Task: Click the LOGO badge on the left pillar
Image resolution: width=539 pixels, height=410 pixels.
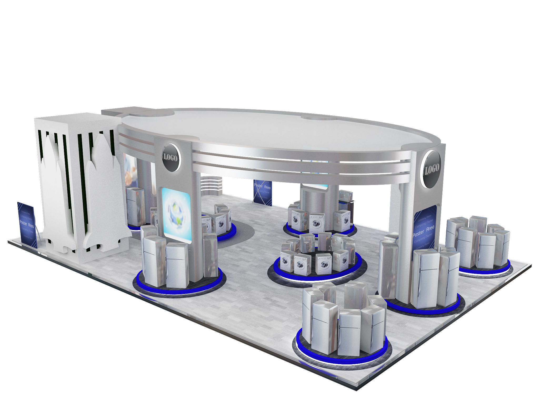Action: click(171, 158)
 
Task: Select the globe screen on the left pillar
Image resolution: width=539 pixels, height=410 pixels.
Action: click(176, 215)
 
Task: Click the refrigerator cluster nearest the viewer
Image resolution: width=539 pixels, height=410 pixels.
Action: click(343, 324)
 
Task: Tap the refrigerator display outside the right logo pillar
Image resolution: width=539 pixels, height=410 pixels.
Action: click(478, 244)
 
